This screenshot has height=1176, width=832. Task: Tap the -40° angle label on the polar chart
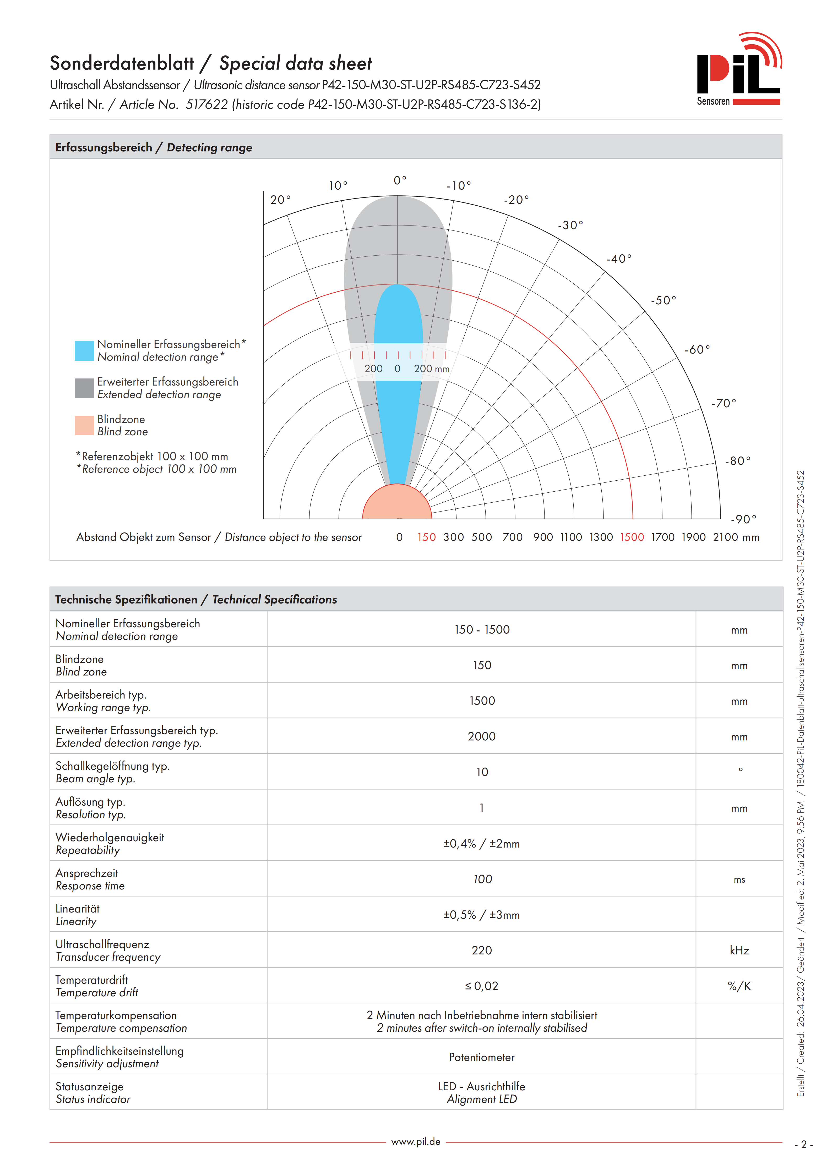tap(619, 259)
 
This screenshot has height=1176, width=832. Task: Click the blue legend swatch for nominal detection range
tap(84, 351)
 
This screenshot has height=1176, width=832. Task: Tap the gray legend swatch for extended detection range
tap(84, 388)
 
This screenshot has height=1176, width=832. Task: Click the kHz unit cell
tap(739, 951)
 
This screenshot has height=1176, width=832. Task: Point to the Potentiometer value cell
tap(482, 1057)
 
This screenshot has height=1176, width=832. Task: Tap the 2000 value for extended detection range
tap(482, 737)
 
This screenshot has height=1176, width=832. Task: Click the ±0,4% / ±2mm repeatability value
tap(482, 844)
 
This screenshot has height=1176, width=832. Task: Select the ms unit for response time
tap(739, 880)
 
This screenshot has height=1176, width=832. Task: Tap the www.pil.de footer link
tap(416, 1142)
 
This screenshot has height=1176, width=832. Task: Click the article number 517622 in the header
tap(206, 105)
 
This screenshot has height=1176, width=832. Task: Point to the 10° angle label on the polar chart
tap(338, 185)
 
